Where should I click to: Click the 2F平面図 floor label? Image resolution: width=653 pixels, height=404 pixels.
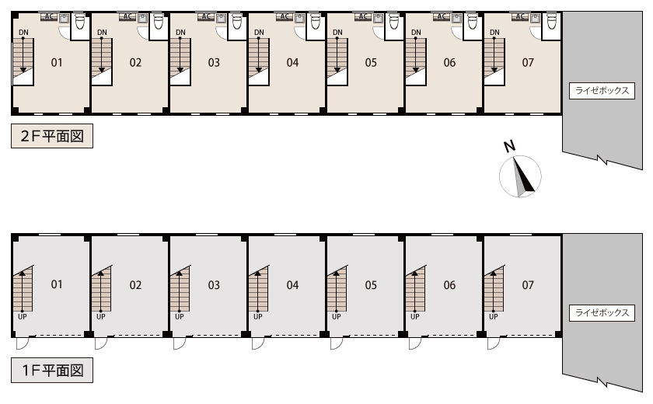tap(52, 136)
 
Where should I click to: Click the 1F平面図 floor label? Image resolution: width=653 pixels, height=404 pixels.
tap(52, 370)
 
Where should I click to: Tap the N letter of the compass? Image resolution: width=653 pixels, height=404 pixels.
tap(509, 146)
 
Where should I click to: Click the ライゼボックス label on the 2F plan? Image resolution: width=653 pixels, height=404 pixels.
tap(602, 90)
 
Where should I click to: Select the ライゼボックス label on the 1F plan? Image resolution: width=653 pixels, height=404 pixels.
tap(602, 312)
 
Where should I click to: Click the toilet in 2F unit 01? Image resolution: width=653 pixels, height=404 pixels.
tap(79, 22)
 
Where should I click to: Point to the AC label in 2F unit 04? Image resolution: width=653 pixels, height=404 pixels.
tap(285, 16)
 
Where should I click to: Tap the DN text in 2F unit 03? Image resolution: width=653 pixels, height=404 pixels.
tap(180, 33)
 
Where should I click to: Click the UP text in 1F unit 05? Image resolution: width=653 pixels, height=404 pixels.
tap(336, 317)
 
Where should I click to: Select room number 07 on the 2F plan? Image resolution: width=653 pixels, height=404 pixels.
tap(528, 62)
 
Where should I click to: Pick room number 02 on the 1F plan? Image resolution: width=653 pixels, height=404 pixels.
tap(135, 285)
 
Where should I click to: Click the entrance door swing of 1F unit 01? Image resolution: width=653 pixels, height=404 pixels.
tap(22, 343)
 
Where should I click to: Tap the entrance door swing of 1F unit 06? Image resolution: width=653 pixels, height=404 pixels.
tap(415, 343)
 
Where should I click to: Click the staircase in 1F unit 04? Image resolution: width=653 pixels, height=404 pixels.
tap(259, 289)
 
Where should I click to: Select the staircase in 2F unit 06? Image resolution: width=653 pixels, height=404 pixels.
tap(416, 61)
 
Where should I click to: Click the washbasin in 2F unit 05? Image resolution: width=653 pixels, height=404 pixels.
tap(378, 19)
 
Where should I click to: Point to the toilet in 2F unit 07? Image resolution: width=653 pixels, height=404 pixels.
tap(551, 22)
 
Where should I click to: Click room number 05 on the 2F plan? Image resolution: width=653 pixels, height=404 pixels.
tap(371, 62)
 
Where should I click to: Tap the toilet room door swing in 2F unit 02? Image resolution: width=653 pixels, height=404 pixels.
tap(143, 33)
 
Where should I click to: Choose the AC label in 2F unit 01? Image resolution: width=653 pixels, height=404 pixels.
tap(49, 16)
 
